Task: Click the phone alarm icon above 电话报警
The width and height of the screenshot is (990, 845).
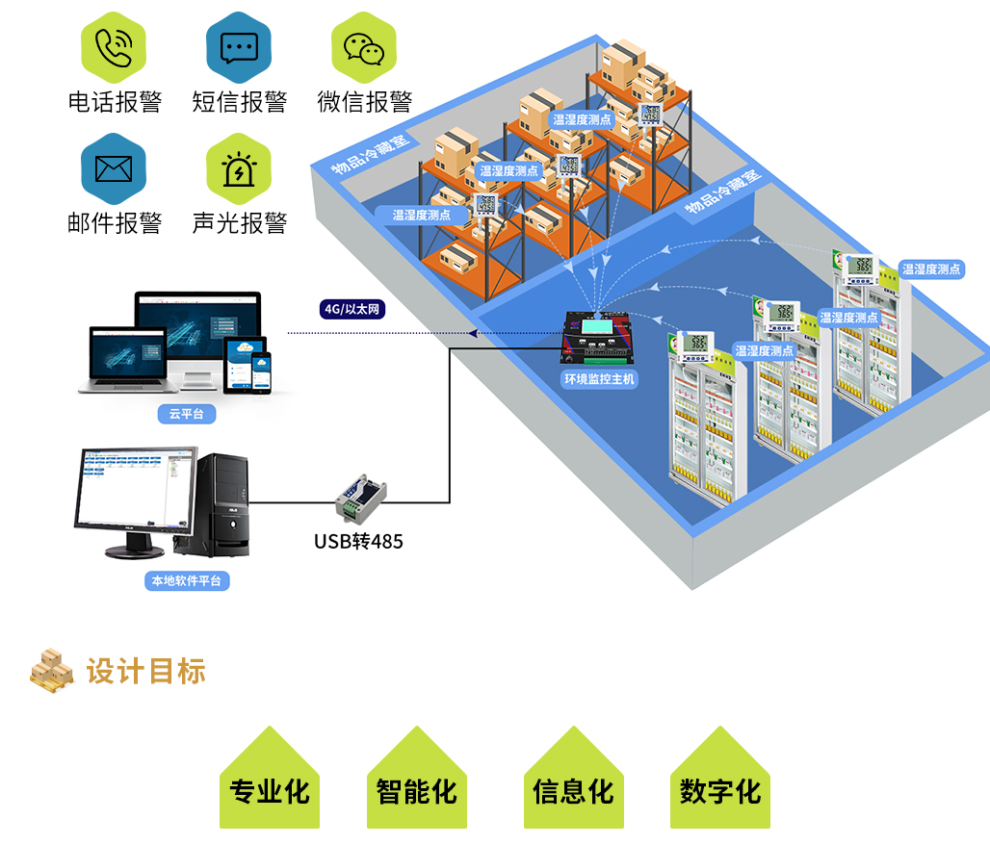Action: pyautogui.click(x=114, y=46)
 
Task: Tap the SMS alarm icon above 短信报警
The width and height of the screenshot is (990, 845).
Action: pyautogui.click(x=239, y=46)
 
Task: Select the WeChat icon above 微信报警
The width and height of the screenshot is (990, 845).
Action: pyautogui.click(x=364, y=46)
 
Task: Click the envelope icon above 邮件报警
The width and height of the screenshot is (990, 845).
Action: pyautogui.click(x=114, y=169)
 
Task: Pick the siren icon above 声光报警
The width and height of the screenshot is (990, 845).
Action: pyautogui.click(x=239, y=169)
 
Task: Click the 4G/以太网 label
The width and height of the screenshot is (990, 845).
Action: pyautogui.click(x=353, y=309)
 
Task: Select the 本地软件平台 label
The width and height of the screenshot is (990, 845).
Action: pyautogui.click(x=187, y=581)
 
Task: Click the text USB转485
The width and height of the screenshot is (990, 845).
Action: pyautogui.click(x=358, y=542)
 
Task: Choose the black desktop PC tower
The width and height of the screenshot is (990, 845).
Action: pyautogui.click(x=221, y=504)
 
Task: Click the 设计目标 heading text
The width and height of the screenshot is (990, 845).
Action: pyautogui.click(x=146, y=672)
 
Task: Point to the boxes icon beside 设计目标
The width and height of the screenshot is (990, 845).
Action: pyautogui.click(x=51, y=670)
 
